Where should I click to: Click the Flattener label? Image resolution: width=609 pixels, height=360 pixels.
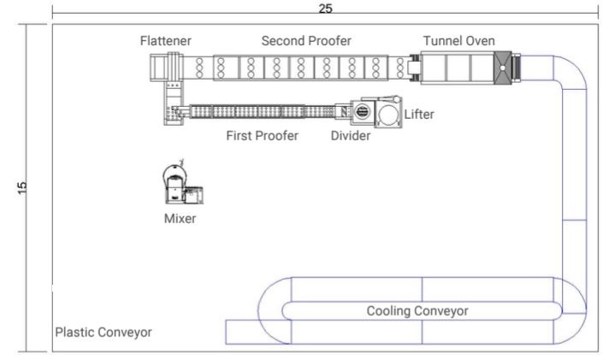pyautogui.click(x=166, y=40)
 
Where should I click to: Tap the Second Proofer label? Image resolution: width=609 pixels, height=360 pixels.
pyautogui.click(x=306, y=40)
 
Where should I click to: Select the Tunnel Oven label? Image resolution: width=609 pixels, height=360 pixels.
pyautogui.click(x=458, y=40)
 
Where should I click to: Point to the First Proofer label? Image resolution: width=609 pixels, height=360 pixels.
pyautogui.click(x=262, y=136)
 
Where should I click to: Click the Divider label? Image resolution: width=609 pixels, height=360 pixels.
pyautogui.click(x=351, y=136)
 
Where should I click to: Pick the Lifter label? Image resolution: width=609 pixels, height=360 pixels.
pyautogui.click(x=419, y=115)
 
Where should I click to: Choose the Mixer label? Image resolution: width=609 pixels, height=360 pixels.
pyautogui.click(x=180, y=218)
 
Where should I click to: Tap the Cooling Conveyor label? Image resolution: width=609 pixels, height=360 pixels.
pyautogui.click(x=417, y=310)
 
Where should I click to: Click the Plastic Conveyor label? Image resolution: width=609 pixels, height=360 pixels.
pyautogui.click(x=103, y=332)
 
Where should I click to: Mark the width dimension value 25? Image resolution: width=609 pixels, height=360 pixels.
pyautogui.click(x=325, y=8)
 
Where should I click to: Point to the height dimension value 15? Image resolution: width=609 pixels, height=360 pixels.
pyautogui.click(x=22, y=186)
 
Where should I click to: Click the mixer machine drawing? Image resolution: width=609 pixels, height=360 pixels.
pyautogui.click(x=181, y=184)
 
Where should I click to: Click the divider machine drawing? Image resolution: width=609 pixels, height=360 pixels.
pyautogui.click(x=361, y=111)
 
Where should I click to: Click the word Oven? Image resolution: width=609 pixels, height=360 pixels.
pyautogui.click(x=480, y=40)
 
